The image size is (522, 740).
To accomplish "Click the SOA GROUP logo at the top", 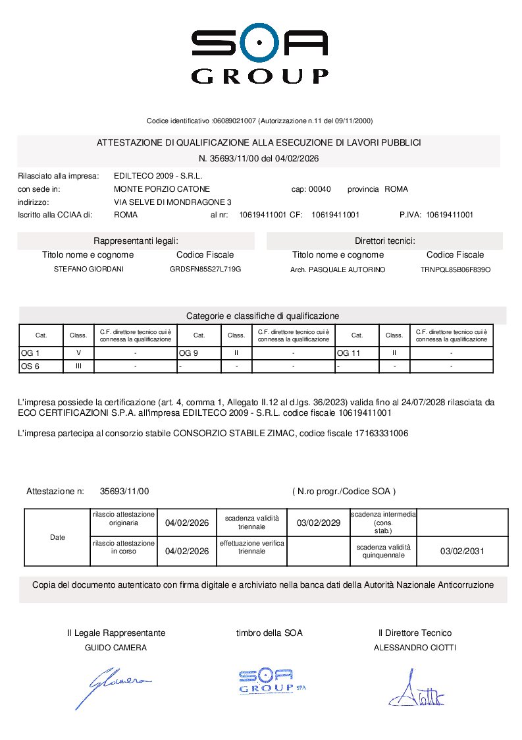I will coord(260,55).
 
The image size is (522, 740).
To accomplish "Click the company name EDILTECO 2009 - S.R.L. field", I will coord(158,176).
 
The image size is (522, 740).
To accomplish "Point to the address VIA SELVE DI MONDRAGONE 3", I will coord(172,202).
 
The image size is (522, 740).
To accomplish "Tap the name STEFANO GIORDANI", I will coord(88,270).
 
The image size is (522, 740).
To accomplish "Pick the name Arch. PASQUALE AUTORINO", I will coord(338,270).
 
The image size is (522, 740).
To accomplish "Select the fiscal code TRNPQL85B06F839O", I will coord(455,270).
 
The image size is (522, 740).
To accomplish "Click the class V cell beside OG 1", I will coord(78,353).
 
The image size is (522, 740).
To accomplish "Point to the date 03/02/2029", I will coord(319,523).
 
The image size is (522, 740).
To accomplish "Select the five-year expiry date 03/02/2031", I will coord(461,552).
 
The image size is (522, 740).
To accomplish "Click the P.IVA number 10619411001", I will coord(450,215).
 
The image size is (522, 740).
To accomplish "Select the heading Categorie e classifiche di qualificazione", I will coord(263,316).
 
